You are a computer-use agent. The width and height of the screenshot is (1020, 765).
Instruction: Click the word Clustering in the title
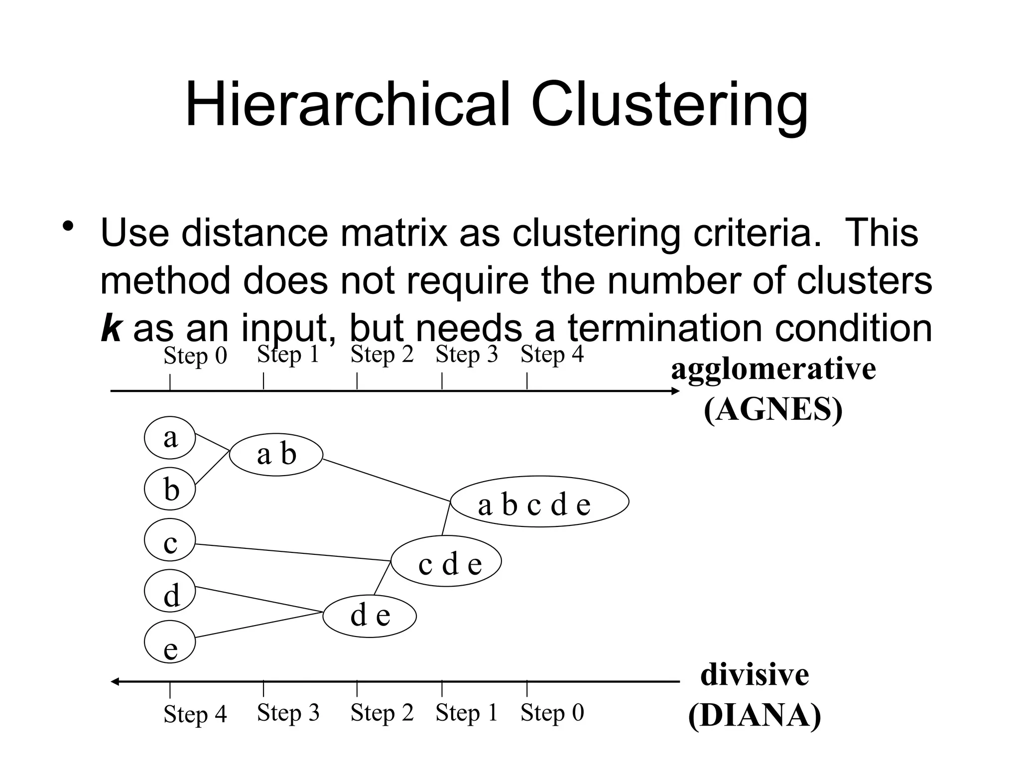point(669,106)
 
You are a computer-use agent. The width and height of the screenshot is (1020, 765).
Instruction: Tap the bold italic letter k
point(111,328)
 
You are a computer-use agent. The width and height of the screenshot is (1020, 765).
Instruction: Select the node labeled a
point(170,438)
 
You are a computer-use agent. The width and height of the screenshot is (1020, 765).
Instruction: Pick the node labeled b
point(170,489)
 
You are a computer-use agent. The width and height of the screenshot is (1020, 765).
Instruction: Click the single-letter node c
point(170,540)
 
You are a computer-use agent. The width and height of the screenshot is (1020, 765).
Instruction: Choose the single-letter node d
point(170,591)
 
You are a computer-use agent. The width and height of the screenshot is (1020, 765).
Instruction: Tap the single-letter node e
point(170,642)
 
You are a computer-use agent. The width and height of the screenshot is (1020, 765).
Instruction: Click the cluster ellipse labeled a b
point(276,454)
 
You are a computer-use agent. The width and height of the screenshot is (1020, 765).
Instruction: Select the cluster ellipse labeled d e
point(370,616)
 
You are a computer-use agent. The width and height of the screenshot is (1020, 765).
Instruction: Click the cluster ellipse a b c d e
point(539,502)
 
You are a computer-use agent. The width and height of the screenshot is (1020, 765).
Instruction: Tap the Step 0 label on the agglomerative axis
point(195,356)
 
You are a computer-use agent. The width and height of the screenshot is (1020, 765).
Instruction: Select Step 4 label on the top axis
point(552,354)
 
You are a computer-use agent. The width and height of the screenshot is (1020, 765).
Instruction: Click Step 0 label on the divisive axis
point(552,713)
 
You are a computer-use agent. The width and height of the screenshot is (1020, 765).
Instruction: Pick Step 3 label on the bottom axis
point(288,713)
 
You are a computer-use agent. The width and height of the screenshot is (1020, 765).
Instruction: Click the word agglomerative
point(773,370)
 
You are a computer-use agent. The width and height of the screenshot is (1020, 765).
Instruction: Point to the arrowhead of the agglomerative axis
point(676,391)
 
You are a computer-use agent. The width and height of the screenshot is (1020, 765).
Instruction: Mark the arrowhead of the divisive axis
point(115,682)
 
